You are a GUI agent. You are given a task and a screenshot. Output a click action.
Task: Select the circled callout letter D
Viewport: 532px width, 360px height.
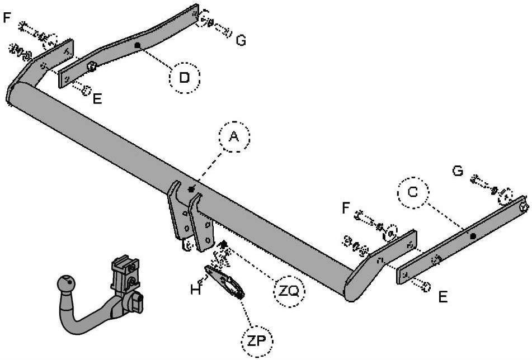(x=184, y=79)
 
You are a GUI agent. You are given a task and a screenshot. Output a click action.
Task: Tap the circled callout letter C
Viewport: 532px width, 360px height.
(x=413, y=193)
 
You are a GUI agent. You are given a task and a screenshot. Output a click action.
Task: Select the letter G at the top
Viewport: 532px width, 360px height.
(x=241, y=40)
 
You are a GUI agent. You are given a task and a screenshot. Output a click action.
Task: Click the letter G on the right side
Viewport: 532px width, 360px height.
(x=458, y=170)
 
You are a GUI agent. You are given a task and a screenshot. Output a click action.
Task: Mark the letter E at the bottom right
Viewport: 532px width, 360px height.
(x=443, y=297)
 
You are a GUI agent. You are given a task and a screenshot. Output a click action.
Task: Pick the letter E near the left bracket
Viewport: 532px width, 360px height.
(x=97, y=98)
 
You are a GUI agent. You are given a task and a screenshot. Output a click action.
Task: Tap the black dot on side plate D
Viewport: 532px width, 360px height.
(x=137, y=45)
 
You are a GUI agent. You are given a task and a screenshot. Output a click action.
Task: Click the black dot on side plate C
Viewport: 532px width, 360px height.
(x=473, y=236)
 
